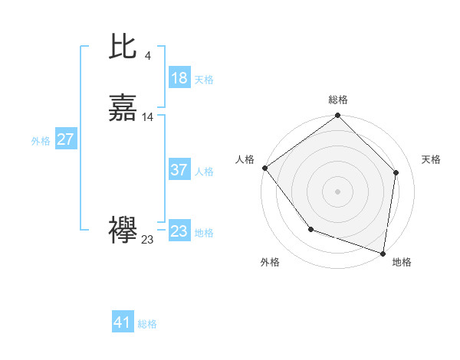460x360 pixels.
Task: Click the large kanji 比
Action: click(123, 48)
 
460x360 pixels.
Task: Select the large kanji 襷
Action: click(123, 231)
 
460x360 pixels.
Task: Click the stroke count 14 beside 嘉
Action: click(148, 117)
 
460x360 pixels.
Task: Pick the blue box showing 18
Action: click(179, 78)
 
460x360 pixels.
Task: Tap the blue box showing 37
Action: click(179, 170)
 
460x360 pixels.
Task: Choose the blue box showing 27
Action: click(65, 139)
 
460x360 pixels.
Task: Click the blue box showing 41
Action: click(123, 322)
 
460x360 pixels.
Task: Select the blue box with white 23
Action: click(179, 231)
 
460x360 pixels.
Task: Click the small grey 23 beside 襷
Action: click(147, 240)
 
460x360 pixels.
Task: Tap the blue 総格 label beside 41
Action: click(147, 324)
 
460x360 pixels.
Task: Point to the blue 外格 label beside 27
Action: click(41, 141)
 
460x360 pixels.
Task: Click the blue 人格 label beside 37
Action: click(204, 172)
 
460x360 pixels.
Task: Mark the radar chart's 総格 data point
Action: click(337, 116)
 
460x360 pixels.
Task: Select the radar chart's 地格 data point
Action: click(383, 252)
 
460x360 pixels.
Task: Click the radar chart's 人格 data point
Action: click(264, 168)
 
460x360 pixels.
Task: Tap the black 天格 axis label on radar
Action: click(431, 159)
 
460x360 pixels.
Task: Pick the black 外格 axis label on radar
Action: click(270, 262)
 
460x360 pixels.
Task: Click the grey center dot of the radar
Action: click(337, 191)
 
